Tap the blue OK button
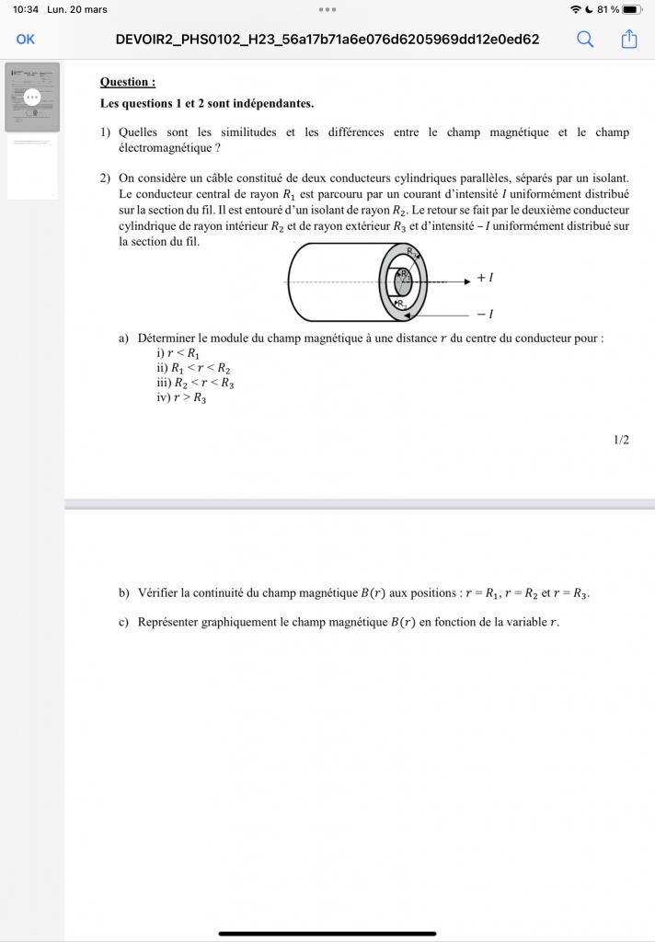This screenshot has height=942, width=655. pyautogui.click(x=26, y=39)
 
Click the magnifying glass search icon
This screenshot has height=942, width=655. pyautogui.click(x=585, y=39)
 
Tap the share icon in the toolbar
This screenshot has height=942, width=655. pyautogui.click(x=629, y=39)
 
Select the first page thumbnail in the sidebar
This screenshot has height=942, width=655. pyautogui.click(x=32, y=97)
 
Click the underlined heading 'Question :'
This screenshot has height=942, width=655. pyautogui.click(x=128, y=82)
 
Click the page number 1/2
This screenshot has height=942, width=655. pyautogui.click(x=621, y=440)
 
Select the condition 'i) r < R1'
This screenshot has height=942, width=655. pyautogui.click(x=178, y=353)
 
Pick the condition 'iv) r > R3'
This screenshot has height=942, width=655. pyautogui.click(x=181, y=397)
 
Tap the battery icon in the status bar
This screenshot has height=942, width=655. pyautogui.click(x=631, y=9)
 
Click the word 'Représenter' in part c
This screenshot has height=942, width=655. pyautogui.click(x=168, y=622)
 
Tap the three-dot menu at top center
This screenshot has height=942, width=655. pyautogui.click(x=327, y=9)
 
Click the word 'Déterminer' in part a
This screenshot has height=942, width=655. pyautogui.click(x=167, y=338)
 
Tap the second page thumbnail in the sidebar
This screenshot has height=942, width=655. pyautogui.click(x=32, y=167)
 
